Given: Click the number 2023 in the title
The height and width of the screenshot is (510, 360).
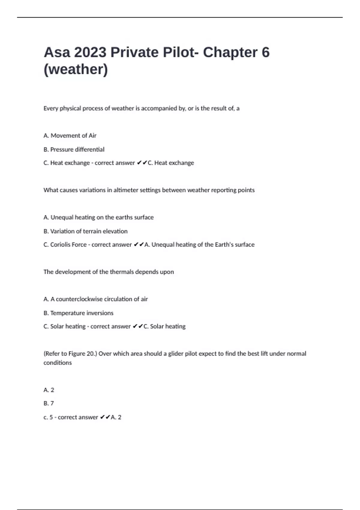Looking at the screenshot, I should coord(90,52).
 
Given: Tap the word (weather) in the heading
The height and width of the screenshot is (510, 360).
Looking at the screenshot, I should coord(76,69).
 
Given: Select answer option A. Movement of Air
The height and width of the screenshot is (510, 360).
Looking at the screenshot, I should coord(70,136).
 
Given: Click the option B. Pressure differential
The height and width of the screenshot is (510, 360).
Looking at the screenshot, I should coord(74,149).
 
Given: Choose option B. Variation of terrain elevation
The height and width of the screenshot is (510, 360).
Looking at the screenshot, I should coord(85,231).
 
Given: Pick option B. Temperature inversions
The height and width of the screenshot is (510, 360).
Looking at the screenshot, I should coord(78,313).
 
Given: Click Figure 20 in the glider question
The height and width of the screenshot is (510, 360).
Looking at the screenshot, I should coord(81,354).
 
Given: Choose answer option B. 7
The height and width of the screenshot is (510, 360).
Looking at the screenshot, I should coord(49,403).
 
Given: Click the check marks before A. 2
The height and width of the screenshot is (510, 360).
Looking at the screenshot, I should coord(105,417).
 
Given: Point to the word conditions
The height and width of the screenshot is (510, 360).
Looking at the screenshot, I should coord(58,363).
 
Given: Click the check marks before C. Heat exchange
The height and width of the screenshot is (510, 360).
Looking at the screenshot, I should coord(142,163).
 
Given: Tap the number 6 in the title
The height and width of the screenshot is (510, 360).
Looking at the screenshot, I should coord(265,52).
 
